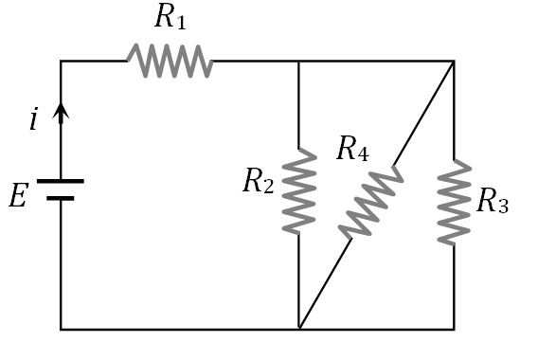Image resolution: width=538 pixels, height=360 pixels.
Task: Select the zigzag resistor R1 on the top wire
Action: [x=170, y=62]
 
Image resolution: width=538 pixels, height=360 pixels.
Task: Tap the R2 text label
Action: [x=258, y=181]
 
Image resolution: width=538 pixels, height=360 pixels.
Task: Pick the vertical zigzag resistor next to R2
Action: [x=299, y=190]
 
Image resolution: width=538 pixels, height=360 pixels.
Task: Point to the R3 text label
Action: [x=492, y=201]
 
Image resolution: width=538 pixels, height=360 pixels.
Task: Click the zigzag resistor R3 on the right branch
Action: [x=454, y=202]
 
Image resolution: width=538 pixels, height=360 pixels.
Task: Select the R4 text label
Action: [x=351, y=150]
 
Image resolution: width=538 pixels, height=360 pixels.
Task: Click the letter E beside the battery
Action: [x=18, y=197]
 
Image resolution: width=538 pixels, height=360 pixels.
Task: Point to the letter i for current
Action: [x=34, y=119]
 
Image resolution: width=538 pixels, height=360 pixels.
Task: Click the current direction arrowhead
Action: [x=61, y=113]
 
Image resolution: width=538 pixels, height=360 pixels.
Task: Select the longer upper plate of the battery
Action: [x=61, y=180]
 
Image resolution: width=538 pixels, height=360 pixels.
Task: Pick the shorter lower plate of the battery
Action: [x=61, y=198]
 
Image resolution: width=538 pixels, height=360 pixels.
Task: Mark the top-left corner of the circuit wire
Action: [x=61, y=62]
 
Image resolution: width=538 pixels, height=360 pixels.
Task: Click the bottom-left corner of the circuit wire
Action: [x=61, y=330]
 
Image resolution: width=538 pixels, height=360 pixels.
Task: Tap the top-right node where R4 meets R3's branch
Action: [x=454, y=62]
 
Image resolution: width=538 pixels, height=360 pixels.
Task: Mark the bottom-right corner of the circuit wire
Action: [x=454, y=330]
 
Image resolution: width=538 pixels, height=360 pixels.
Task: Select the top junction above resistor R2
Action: [x=299, y=62]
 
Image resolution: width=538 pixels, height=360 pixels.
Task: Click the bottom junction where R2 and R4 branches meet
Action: [x=299, y=329]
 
